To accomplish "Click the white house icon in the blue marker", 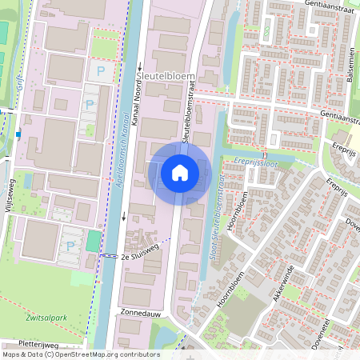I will [x=180, y=172].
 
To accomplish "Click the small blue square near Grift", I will [x=18, y=134].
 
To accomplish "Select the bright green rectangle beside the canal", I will [x=94, y=241].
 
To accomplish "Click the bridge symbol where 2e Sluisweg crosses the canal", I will [x=107, y=256].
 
